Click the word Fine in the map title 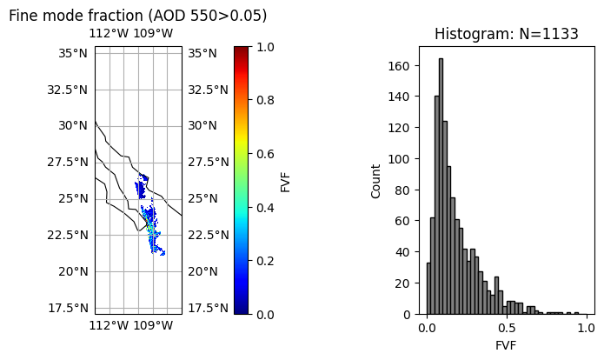point(25,16)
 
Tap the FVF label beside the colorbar point(286,181)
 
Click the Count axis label point(376,181)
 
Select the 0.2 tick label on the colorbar point(265,261)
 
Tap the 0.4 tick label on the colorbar point(265,208)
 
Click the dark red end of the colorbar point(242,50)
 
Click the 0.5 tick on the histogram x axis point(507,328)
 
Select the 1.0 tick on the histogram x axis point(586,328)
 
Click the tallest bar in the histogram point(441,186)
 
